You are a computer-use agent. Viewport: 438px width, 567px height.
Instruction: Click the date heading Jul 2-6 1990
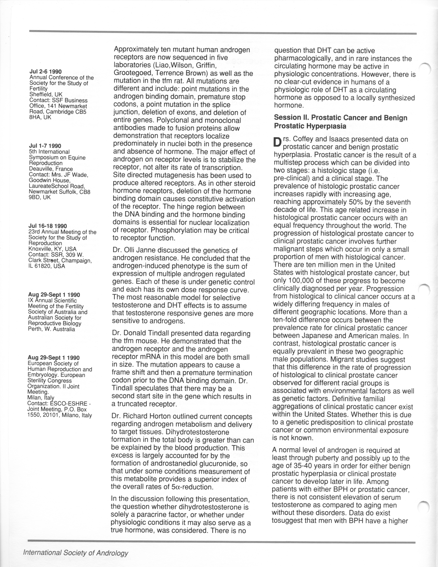(x=45, y=72)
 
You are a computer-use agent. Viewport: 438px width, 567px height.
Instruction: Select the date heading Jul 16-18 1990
(x=48, y=226)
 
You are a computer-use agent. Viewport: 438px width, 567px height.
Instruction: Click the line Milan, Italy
(x=41, y=398)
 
